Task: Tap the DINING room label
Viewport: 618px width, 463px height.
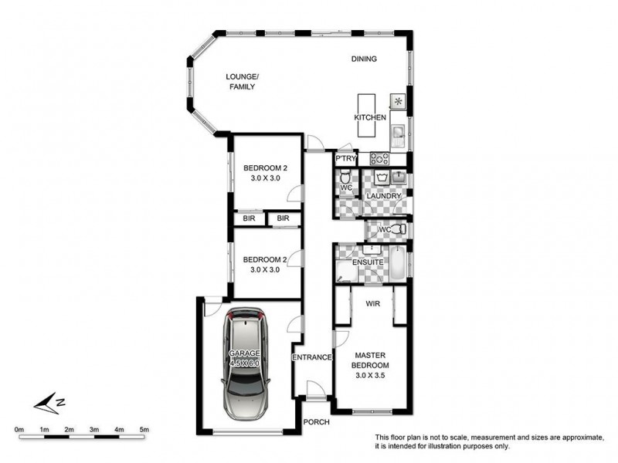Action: coord(364,59)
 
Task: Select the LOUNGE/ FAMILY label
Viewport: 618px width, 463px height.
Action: coord(242,82)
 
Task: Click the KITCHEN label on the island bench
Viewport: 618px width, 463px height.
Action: coord(370,117)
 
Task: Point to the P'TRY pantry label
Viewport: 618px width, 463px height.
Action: coord(345,159)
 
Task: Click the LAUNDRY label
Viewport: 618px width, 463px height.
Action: coord(383,196)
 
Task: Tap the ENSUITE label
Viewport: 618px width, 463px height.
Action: coord(368,262)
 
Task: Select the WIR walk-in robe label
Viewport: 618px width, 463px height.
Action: coord(373,303)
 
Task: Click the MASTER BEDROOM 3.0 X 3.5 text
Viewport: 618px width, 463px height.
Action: coord(370,365)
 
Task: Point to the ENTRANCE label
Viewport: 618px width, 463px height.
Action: coord(312,357)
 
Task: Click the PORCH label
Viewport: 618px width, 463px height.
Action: coord(316,422)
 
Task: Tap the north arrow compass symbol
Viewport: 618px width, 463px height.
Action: coord(49,403)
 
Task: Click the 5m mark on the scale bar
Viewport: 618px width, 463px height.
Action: coord(144,430)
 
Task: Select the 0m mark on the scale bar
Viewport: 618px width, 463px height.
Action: coord(19,430)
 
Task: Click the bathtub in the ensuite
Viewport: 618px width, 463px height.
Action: coord(397,262)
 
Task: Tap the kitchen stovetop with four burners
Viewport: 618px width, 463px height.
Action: coord(379,159)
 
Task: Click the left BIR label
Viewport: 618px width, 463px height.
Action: coord(249,218)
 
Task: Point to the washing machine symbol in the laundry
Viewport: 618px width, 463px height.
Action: coord(381,177)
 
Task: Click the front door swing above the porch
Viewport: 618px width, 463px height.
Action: coord(316,390)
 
